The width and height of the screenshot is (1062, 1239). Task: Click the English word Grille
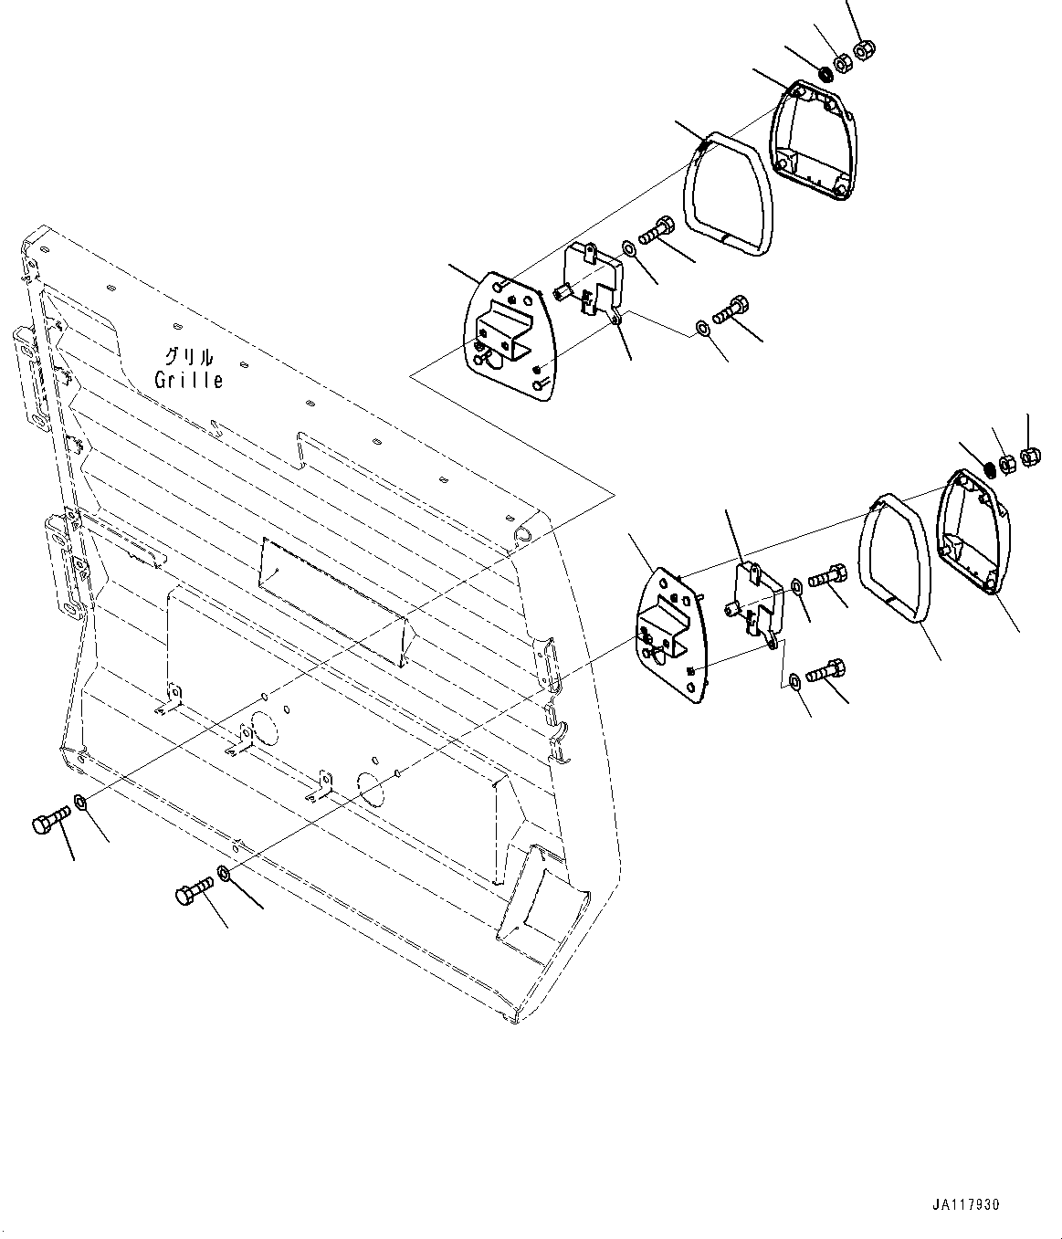[x=189, y=380]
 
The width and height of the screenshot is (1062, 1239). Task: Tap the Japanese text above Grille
[x=189, y=357]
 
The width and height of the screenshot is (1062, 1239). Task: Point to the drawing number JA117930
[x=966, y=1205]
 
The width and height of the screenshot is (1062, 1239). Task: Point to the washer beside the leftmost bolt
[x=79, y=803]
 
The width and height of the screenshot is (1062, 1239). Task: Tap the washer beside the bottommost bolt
[x=224, y=874]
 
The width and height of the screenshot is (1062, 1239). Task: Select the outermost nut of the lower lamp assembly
[x=1027, y=456]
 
